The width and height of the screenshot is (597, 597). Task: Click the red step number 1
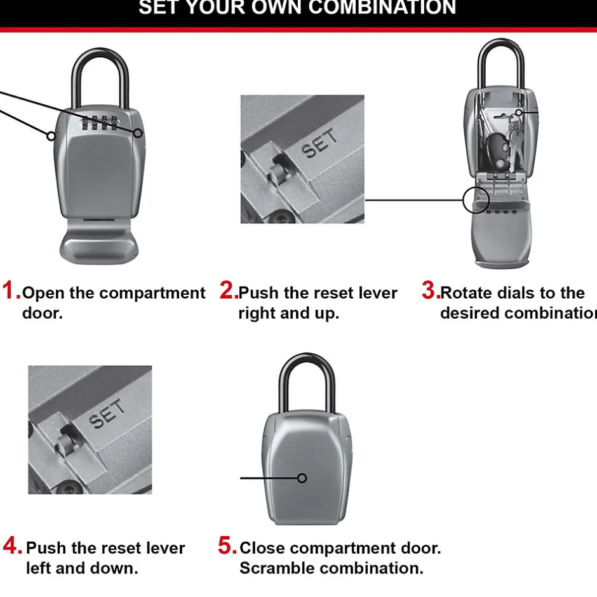[x=11, y=291]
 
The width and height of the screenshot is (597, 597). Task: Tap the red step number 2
[x=229, y=291]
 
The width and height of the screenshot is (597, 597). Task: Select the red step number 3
[x=431, y=291]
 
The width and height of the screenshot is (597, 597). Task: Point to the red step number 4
[x=13, y=546]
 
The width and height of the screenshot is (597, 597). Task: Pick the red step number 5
[x=227, y=546]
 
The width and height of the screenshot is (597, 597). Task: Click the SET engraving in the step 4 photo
[x=107, y=415]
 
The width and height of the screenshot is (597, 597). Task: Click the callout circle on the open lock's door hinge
[x=476, y=200]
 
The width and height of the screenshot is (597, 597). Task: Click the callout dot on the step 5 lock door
[x=302, y=478]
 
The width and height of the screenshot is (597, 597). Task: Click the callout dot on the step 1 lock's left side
[x=51, y=135]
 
